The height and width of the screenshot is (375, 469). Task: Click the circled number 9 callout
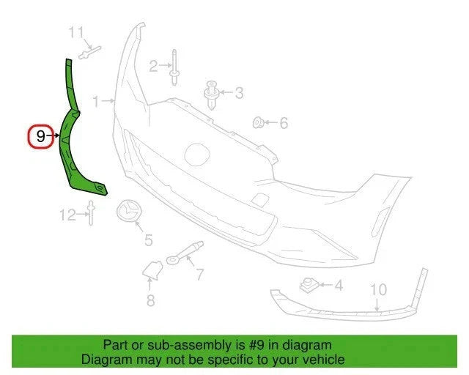coord(41,136)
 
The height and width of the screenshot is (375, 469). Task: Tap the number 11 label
coord(76,32)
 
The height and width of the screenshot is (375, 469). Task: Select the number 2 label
coord(153,66)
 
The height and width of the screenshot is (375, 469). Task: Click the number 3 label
coord(239,93)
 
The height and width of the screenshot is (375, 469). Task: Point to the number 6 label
coord(284,123)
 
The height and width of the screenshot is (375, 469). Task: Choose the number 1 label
coord(96,101)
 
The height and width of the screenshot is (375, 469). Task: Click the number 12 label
coord(68,215)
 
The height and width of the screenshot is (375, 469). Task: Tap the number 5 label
coord(149,240)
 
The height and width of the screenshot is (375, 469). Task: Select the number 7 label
coord(199,274)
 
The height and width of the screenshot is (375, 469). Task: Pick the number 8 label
coord(150,300)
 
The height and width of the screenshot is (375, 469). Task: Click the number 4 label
coord(339,286)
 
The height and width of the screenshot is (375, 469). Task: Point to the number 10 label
coord(378,289)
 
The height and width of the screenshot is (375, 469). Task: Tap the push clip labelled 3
coord(211,94)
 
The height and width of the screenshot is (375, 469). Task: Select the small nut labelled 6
coord(257,122)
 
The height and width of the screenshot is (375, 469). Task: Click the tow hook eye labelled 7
coord(185,253)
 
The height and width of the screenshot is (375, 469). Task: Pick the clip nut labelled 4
coord(309,285)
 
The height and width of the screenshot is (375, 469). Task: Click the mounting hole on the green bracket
coord(100,187)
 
